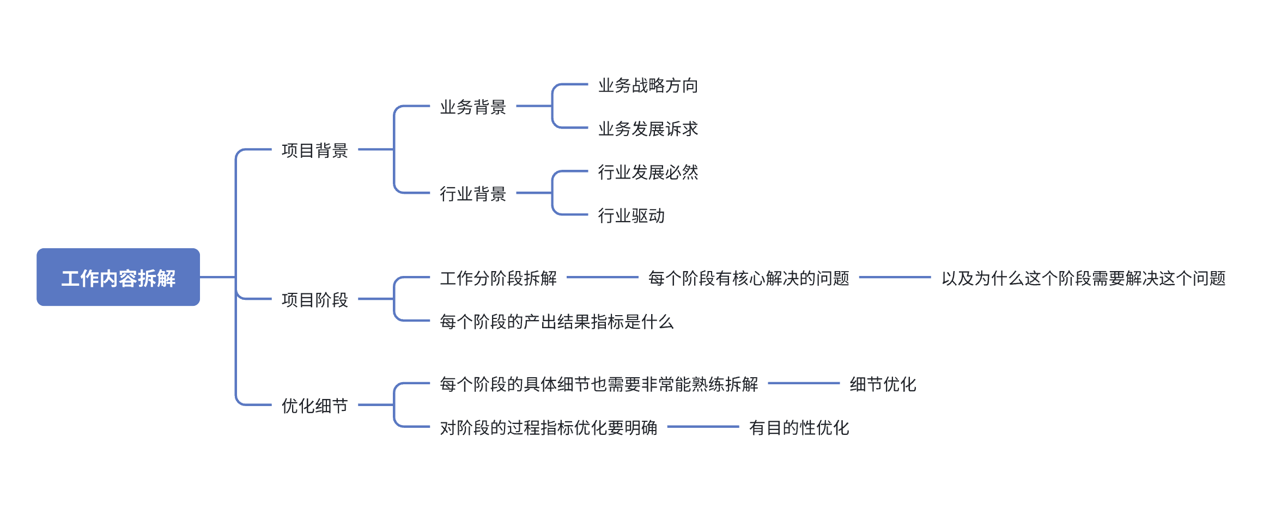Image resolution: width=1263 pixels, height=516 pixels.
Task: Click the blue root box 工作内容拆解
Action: point(118,277)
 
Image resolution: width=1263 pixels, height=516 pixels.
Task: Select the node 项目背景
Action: point(315,150)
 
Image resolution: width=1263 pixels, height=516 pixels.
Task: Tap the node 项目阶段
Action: point(315,299)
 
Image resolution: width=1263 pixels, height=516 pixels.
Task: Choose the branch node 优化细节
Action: point(315,406)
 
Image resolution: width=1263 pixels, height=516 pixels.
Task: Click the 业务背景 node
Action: point(473,107)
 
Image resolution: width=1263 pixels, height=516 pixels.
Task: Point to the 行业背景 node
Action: point(473,194)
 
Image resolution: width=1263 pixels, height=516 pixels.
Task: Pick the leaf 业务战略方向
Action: point(648,85)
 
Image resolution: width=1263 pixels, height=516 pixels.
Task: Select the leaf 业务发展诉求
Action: point(648,128)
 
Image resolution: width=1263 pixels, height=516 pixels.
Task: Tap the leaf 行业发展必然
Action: point(648,172)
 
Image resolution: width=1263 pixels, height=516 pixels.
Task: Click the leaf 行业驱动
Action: point(631,216)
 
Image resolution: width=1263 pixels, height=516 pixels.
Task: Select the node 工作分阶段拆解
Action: point(499,278)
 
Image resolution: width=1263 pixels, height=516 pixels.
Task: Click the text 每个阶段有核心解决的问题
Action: point(749,278)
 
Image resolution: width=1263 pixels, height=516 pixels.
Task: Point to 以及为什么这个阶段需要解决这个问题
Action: point(1084,278)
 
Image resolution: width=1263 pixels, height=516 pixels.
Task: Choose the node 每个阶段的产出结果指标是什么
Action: point(557,322)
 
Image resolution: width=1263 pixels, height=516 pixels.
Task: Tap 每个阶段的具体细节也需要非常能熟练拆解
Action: point(599,384)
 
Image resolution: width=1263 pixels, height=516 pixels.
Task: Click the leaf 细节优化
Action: point(883,384)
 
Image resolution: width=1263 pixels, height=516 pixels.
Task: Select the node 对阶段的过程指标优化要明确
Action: point(549,428)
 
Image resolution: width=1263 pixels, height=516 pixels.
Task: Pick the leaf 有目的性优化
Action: point(799,428)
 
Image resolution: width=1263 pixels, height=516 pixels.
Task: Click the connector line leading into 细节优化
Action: point(804,384)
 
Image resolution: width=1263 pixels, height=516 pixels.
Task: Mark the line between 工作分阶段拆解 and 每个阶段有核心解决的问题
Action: point(603,278)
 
